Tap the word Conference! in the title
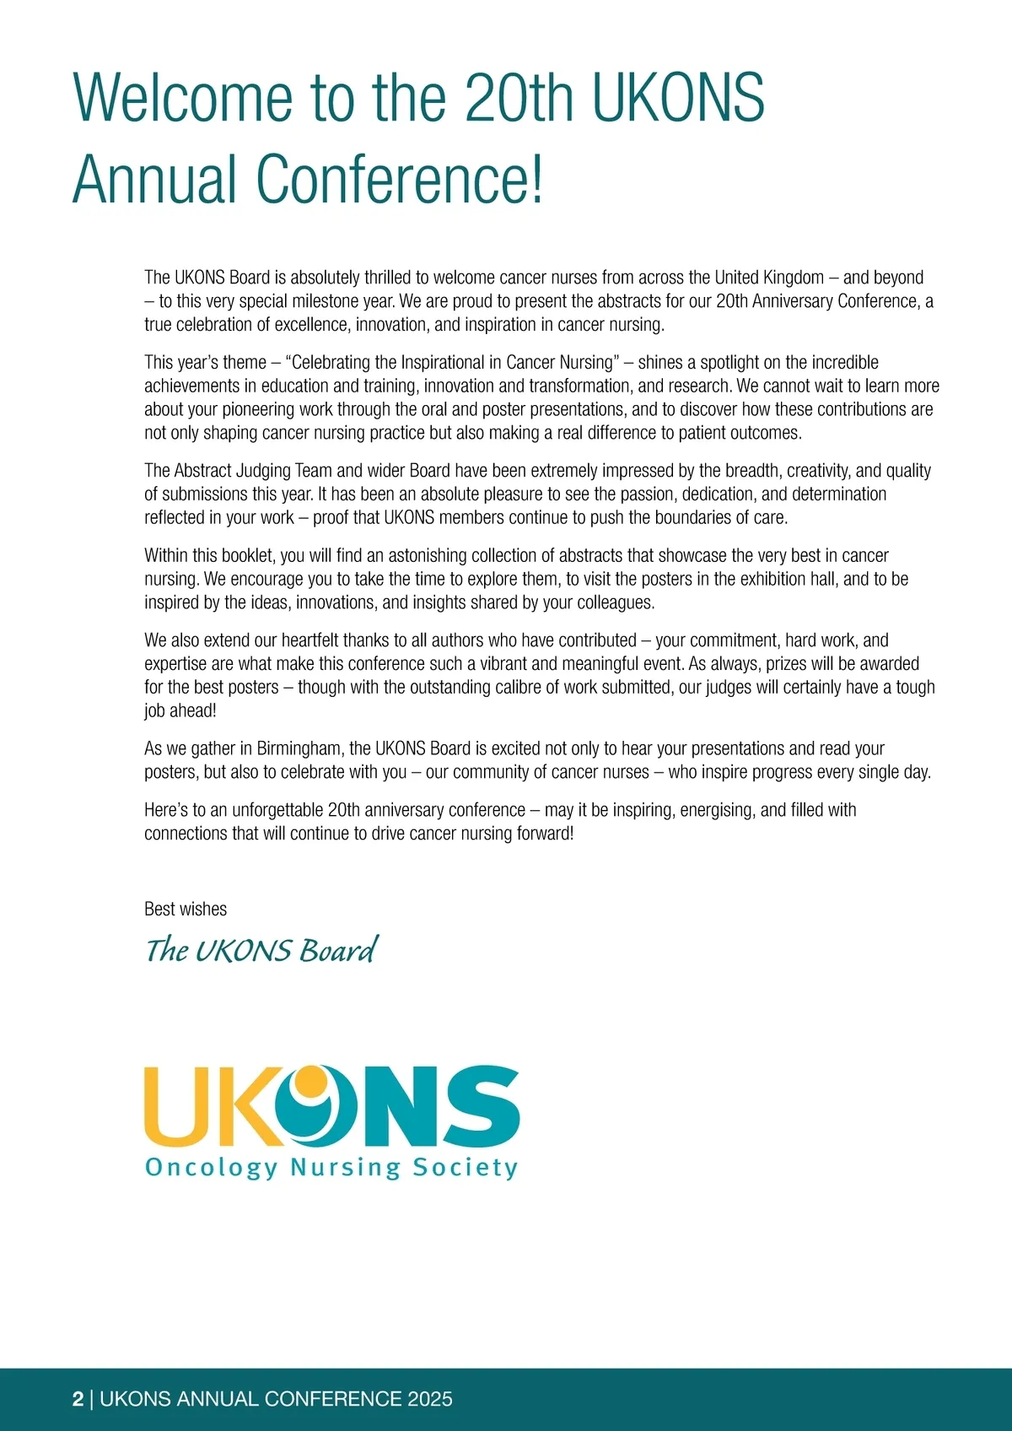[400, 179]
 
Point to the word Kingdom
[793, 278]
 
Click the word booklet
[249, 556]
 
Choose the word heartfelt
[310, 640]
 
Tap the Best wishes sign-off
[186, 909]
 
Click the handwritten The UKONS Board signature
[261, 951]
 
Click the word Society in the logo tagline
[465, 1168]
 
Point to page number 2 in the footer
[78, 1399]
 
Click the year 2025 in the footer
[429, 1399]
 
